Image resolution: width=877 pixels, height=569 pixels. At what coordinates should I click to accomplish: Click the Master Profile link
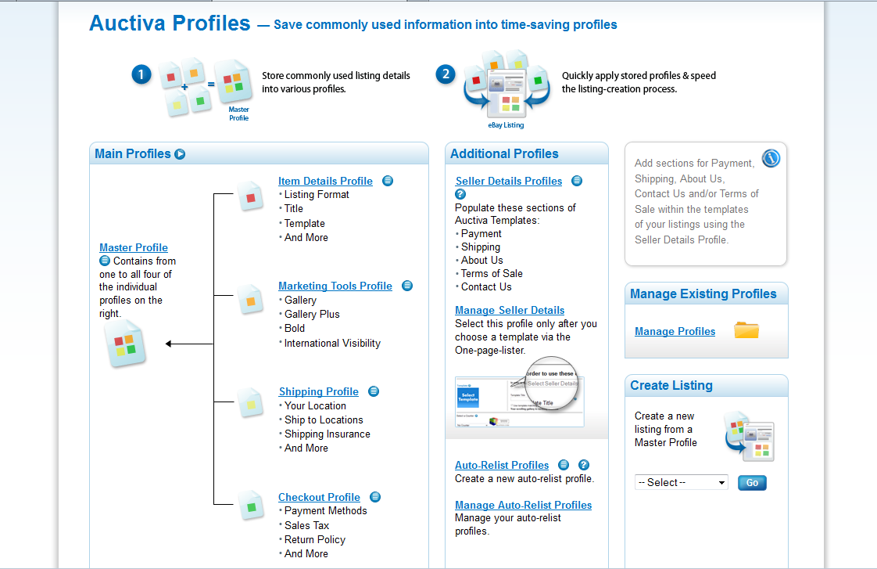134,247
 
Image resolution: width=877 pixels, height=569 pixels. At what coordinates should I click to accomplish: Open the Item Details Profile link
325,181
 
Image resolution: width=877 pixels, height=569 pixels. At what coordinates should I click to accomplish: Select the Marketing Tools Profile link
335,286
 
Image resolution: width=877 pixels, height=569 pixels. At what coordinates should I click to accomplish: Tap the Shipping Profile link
319,391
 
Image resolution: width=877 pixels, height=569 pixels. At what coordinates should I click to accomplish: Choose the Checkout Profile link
319,497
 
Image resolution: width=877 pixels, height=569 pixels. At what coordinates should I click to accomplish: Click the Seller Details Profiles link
509,181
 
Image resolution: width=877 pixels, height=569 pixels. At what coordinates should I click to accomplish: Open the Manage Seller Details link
510,310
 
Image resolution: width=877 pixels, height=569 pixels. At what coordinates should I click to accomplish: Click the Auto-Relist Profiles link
502,465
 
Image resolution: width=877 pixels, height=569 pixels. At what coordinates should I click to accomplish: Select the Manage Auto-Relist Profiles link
524,505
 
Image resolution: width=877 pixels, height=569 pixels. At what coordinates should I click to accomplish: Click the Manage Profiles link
675,331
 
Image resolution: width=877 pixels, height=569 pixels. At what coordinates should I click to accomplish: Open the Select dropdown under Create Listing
682,482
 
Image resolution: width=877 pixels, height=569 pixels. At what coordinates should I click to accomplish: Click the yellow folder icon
746,330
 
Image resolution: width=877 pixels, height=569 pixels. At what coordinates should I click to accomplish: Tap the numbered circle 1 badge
141,74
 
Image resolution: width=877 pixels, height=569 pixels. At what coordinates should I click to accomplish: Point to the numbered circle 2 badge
446,74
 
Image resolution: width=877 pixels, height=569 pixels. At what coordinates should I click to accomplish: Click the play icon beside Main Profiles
180,154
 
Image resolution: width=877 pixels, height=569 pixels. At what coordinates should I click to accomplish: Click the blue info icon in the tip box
771,159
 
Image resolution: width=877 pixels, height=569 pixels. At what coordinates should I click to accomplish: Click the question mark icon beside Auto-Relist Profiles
583,465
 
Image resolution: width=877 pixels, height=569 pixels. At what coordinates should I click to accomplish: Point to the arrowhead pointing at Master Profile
170,344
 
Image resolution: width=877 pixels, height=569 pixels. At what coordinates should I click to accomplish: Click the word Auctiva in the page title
127,23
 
